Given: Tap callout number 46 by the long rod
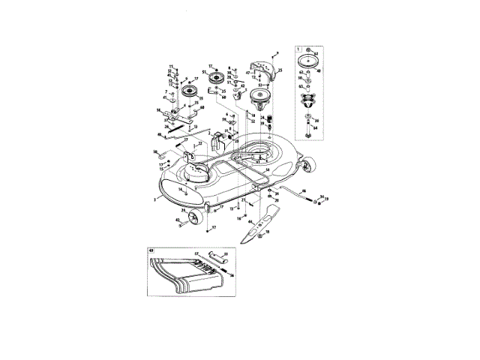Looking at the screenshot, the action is coord(304,190).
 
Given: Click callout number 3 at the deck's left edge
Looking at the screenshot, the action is coord(154,199).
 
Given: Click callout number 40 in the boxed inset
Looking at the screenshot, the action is coord(319,71).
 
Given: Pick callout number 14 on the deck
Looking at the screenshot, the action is coord(181,189).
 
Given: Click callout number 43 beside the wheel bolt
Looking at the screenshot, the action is coord(178,219).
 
